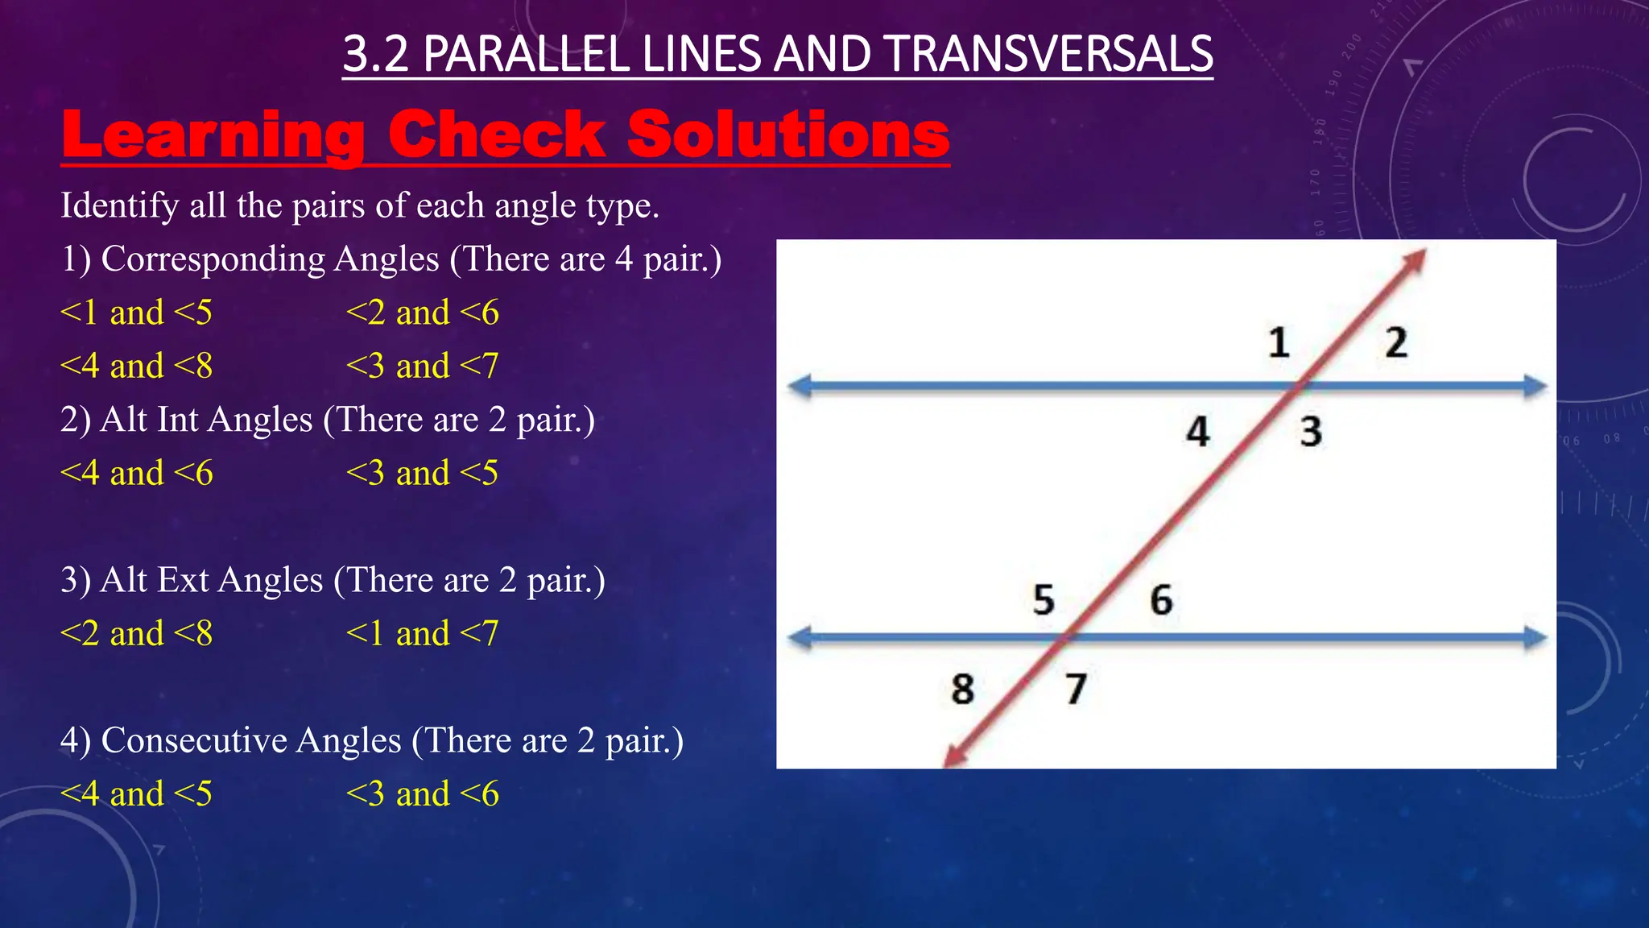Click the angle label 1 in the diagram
pos(1279,343)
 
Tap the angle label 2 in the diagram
pos(1396,343)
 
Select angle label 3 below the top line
pos(1311,432)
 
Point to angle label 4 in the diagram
pos(1198,432)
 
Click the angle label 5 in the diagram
pos(1044,600)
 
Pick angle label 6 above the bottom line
pos(1161,600)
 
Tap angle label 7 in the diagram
pos(1077,690)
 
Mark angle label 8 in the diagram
pos(963,690)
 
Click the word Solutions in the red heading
pos(788,135)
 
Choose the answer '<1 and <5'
pos(136,313)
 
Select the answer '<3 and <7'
pos(422,367)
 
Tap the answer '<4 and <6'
pos(136,473)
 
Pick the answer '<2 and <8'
pos(136,634)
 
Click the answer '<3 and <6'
pos(422,794)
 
